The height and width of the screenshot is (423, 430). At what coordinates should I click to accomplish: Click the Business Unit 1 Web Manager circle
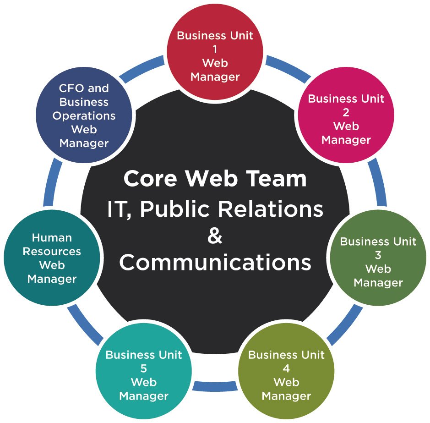[215, 55]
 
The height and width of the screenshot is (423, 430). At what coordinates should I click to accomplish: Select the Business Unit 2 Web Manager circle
[346, 119]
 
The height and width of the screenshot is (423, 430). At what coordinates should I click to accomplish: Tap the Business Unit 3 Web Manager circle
[378, 262]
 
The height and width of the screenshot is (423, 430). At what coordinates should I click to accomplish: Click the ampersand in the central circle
[215, 236]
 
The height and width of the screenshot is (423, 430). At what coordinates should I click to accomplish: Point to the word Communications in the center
[215, 263]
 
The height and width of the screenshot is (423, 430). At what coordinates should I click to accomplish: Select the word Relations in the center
[270, 209]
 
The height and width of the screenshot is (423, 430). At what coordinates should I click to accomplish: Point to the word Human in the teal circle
[52, 238]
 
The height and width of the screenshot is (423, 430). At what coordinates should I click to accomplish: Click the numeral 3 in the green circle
[378, 255]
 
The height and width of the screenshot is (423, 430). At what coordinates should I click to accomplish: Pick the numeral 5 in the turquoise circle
[143, 368]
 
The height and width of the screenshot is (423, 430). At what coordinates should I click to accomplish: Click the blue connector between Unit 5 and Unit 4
[215, 386]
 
